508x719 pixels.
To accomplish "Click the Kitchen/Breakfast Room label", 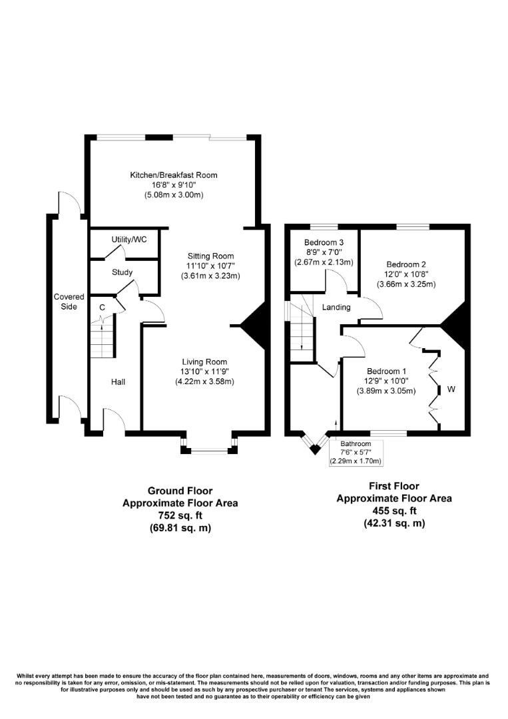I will [174, 175].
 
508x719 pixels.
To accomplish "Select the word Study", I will [123, 272].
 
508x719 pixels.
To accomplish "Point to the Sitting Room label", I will [210, 256].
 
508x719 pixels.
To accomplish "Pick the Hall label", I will [118, 382].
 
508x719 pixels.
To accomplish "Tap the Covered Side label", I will [69, 302].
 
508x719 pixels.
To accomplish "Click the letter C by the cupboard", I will [102, 308].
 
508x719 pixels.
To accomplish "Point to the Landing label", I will [336, 308].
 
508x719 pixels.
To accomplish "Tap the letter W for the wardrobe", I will [451, 389].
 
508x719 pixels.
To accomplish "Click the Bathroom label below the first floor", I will [356, 444].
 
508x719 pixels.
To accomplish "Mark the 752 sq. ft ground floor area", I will [180, 516].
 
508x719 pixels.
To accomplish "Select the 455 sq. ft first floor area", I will [394, 511].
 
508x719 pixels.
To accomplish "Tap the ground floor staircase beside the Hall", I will [102, 341].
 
